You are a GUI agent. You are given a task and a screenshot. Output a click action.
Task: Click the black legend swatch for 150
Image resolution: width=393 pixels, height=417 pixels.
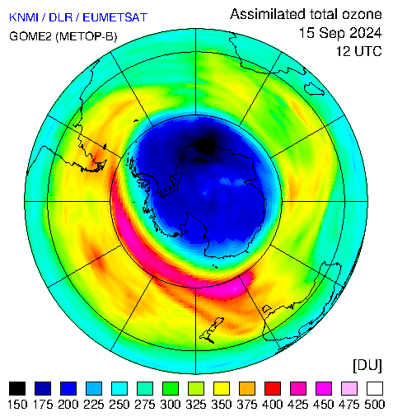(x=17, y=388)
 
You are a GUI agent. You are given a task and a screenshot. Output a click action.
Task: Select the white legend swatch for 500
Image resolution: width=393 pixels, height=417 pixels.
(x=375, y=388)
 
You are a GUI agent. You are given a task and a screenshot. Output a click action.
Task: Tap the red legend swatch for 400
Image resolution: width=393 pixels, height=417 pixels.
(x=273, y=388)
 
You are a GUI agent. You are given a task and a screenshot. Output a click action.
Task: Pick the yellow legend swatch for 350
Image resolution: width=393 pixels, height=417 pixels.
(x=222, y=388)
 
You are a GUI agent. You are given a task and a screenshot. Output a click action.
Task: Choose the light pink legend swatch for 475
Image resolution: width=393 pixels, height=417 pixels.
(x=349, y=388)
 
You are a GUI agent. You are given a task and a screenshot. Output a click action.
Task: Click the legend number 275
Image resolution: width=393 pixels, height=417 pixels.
(x=145, y=405)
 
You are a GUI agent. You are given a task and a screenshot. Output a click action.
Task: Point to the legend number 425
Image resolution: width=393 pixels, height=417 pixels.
(x=298, y=405)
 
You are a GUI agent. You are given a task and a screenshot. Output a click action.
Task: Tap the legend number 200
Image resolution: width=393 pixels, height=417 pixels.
(x=68, y=405)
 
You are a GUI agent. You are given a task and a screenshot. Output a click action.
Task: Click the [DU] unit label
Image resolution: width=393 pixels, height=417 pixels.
(x=367, y=365)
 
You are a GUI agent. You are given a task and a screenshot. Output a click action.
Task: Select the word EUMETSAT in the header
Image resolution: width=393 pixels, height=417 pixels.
(x=115, y=17)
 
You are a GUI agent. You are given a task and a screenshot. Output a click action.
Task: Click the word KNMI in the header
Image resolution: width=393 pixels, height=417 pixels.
(x=24, y=17)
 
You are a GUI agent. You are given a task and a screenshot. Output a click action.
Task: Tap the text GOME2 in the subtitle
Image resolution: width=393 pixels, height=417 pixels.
(x=30, y=36)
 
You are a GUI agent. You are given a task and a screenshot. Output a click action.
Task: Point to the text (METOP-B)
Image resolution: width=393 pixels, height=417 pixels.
(x=87, y=36)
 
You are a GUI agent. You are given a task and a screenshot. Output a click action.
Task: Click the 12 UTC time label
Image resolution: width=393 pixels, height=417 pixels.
(x=359, y=51)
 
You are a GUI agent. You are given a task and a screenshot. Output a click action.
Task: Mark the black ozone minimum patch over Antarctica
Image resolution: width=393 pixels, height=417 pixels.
(x=205, y=145)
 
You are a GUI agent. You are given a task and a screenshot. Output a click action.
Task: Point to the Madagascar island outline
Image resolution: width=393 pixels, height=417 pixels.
(x=314, y=88)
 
